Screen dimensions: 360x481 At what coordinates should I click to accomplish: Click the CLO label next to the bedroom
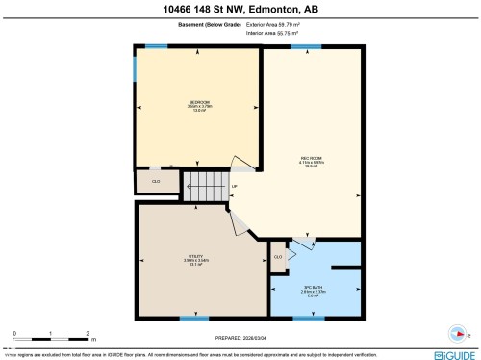tap(156, 180)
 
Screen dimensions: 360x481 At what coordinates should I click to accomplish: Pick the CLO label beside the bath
tap(278, 257)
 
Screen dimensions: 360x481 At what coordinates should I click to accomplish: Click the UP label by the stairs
tap(235, 187)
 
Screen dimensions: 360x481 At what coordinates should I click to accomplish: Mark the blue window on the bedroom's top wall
tap(155, 45)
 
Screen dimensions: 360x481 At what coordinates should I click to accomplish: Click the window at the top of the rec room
tap(306, 45)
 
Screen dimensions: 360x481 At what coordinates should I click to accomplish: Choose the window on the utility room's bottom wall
tap(194, 318)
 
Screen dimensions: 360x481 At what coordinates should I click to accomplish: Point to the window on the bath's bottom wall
tap(308, 318)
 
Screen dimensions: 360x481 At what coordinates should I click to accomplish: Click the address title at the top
tap(240, 10)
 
